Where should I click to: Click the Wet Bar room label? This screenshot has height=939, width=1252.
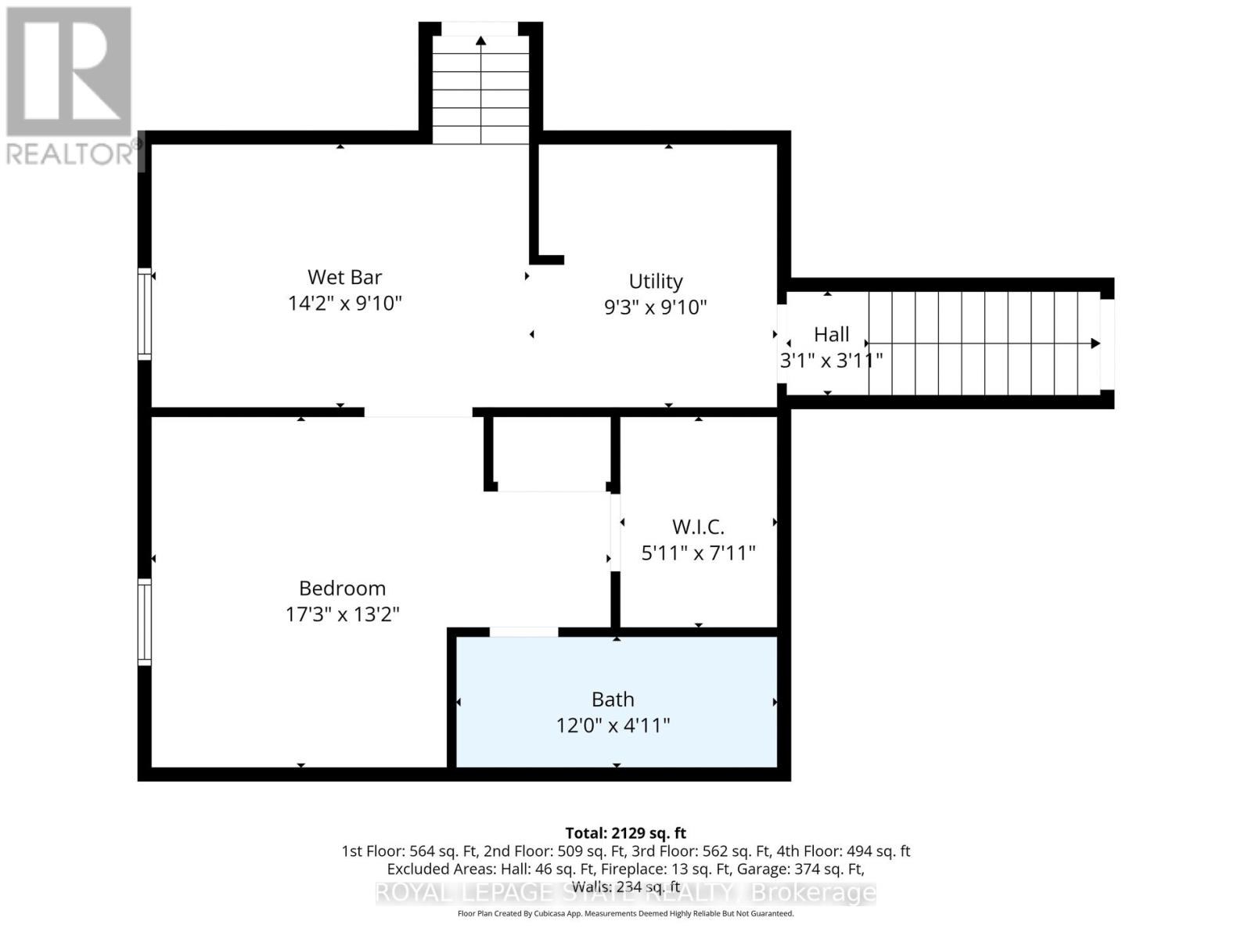(x=344, y=277)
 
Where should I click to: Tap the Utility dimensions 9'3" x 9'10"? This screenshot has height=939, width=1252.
(x=655, y=307)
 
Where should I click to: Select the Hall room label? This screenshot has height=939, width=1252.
(x=831, y=335)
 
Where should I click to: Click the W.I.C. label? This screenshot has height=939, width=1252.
(x=698, y=527)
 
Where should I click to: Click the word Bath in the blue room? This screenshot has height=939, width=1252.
(x=613, y=699)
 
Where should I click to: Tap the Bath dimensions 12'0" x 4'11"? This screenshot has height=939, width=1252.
(x=613, y=725)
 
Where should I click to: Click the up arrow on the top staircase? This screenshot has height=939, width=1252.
(x=480, y=41)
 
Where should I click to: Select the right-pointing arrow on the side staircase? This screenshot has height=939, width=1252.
(x=1095, y=344)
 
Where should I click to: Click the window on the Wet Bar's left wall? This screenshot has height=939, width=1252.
(x=144, y=313)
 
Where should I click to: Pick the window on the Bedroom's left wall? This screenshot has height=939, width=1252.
(x=144, y=621)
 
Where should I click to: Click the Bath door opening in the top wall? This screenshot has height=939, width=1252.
(x=523, y=631)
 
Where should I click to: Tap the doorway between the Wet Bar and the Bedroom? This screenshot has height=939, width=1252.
(x=418, y=412)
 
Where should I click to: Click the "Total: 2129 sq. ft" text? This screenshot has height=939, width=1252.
(x=625, y=833)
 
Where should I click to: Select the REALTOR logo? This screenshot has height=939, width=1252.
(x=70, y=86)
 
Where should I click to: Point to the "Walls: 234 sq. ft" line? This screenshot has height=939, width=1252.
(x=625, y=887)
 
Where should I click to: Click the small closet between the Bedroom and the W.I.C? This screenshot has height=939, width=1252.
(x=552, y=454)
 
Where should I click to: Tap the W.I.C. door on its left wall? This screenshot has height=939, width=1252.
(x=615, y=532)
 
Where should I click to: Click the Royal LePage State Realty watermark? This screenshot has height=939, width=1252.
(x=625, y=893)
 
